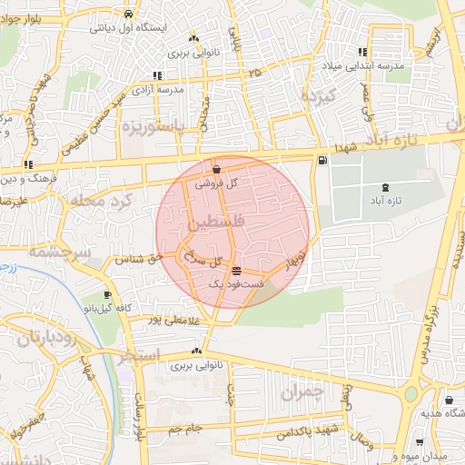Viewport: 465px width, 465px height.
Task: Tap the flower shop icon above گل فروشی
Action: (x=216, y=169)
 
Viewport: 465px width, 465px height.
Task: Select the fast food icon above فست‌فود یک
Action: (x=237, y=271)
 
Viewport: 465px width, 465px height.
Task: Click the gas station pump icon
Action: (x=322, y=161)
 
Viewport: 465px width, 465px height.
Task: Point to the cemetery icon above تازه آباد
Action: (x=388, y=187)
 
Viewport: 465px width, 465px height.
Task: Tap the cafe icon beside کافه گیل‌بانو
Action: (x=108, y=295)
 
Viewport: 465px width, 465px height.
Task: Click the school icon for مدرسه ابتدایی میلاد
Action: (x=363, y=52)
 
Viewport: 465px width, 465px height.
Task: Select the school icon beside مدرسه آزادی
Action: (x=158, y=75)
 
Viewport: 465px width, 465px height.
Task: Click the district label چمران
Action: (x=302, y=393)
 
